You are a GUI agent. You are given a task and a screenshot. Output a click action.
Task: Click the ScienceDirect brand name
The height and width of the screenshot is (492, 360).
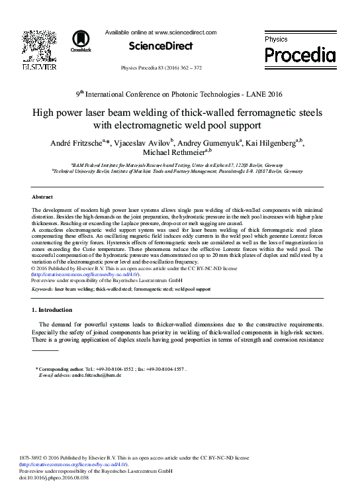pos(160,46)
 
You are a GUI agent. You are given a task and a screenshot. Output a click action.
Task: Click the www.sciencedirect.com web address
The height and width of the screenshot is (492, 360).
pos(185,32)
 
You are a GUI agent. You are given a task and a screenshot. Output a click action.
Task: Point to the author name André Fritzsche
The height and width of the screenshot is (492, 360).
pos(90,143)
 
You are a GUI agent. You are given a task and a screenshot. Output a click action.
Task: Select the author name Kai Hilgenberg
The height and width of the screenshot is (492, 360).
pos(270,143)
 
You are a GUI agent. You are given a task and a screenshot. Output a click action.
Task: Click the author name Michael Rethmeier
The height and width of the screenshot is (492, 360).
pos(175,154)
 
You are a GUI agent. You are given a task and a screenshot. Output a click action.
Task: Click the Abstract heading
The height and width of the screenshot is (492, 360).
pos(42,197)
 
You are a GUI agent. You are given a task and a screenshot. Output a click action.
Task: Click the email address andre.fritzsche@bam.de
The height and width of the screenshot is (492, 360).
pos(97,375)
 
